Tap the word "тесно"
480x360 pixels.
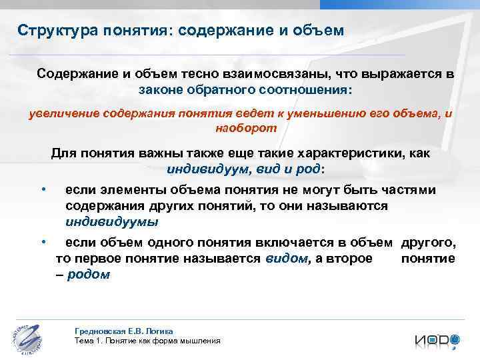point(199,75)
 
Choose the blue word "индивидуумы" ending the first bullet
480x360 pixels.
point(112,221)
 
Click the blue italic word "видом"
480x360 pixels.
point(286,259)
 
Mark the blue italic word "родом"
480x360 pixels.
point(89,274)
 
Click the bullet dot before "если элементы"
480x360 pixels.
point(43,191)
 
